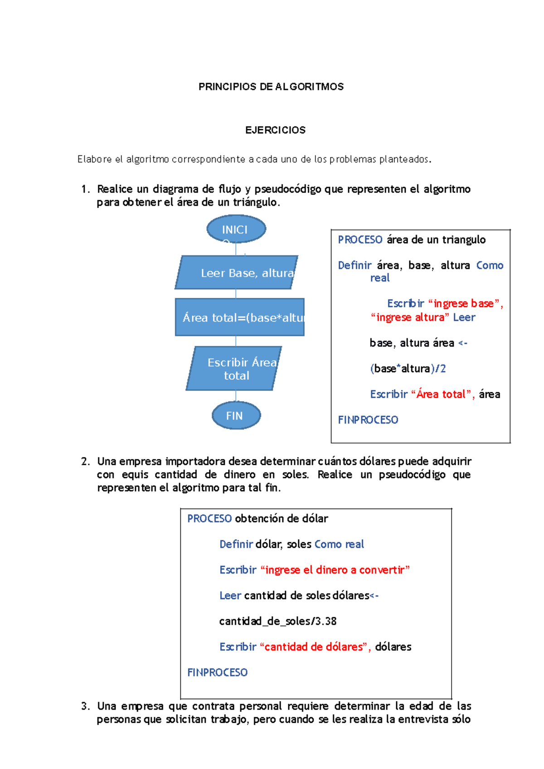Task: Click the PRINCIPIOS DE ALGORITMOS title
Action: [271, 87]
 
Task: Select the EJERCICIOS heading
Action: [275, 130]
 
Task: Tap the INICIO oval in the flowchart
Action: [236, 229]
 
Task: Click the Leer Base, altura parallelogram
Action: [237, 273]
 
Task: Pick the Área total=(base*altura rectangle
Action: [239, 317]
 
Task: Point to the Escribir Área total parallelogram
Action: [234, 369]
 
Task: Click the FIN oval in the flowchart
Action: [236, 415]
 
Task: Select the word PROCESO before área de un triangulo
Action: [360, 240]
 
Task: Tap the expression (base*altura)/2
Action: [408, 369]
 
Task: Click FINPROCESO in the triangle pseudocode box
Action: [368, 420]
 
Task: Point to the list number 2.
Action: [85, 462]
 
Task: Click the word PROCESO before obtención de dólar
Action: [209, 519]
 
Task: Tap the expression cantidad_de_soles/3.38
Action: [277, 621]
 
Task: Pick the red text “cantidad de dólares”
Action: [315, 647]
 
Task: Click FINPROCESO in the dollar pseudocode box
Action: [217, 672]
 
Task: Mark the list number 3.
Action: [85, 706]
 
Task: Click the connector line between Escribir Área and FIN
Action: [236, 396]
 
